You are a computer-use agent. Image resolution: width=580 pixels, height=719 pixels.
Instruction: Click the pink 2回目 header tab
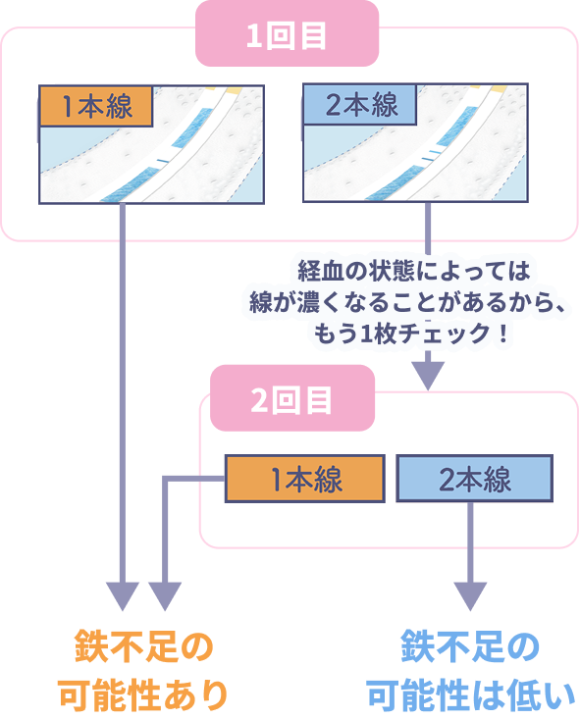291,400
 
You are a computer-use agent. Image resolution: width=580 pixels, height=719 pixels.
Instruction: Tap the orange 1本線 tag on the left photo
96,106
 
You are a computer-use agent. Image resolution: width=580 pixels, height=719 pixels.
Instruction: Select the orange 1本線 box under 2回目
304,480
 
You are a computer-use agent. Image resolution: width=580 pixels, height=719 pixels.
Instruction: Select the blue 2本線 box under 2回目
474,480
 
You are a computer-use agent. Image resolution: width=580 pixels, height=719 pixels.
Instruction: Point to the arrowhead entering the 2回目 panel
428,375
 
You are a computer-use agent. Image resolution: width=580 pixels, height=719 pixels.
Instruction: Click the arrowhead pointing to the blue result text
471,593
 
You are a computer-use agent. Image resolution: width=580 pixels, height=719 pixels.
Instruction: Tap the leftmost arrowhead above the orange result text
122,593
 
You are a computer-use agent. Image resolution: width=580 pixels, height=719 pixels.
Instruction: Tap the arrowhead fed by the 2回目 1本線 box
164,593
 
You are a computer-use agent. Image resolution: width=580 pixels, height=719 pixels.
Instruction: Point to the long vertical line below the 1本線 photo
122,392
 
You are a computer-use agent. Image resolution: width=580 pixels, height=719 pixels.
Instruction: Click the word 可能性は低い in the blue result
471,694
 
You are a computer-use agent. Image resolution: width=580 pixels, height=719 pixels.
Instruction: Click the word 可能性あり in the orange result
143,694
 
